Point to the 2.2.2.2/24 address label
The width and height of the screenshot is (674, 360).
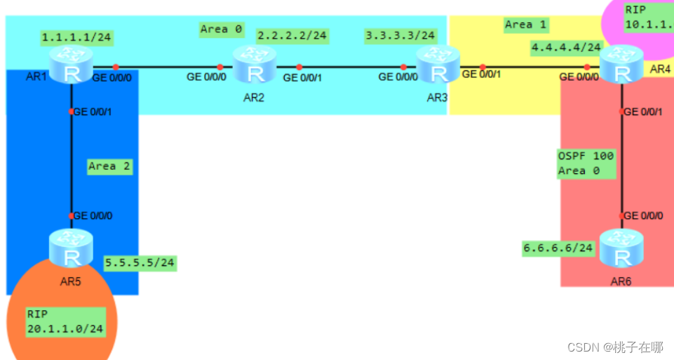tap(292, 34)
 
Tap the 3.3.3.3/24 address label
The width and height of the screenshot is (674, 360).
tap(400, 34)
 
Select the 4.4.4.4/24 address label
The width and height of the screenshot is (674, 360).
tap(566, 48)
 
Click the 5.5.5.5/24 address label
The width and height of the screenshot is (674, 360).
tap(140, 263)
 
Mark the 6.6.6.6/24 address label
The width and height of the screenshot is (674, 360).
tap(559, 248)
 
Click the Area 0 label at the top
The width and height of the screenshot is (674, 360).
tap(222, 29)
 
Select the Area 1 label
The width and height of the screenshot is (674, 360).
tap(525, 25)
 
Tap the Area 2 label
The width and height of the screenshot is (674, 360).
tap(109, 166)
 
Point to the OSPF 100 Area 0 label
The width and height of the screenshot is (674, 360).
tap(586, 163)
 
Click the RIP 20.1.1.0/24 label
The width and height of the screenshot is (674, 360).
tap(65, 321)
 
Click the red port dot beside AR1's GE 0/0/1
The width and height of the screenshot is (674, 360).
tap(72, 112)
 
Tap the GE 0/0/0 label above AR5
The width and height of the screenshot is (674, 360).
tap(93, 215)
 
